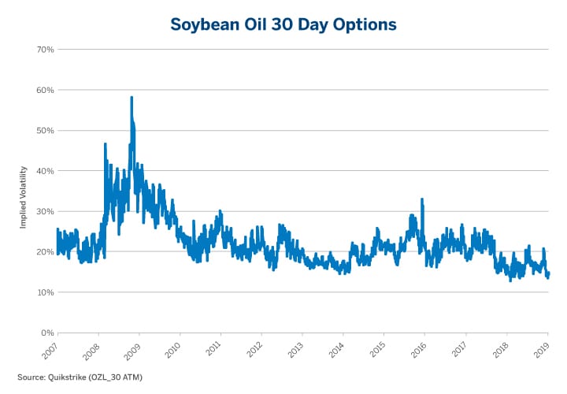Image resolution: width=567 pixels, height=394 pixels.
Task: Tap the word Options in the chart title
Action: (x=361, y=24)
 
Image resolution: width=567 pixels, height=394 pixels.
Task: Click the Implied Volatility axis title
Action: (x=24, y=197)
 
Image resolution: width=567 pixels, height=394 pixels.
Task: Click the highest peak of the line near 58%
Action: (x=132, y=98)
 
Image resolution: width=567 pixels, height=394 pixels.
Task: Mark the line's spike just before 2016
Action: (x=422, y=200)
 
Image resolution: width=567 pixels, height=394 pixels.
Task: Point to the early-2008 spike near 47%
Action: (x=105, y=144)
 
